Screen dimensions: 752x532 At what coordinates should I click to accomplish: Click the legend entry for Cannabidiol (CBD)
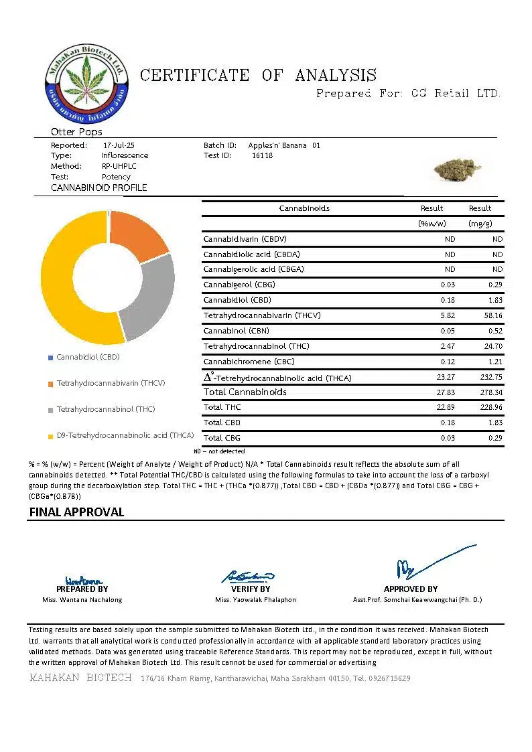(x=87, y=357)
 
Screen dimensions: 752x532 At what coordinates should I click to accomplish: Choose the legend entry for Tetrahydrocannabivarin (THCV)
(x=111, y=383)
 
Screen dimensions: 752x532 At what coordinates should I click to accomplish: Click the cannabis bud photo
(x=457, y=168)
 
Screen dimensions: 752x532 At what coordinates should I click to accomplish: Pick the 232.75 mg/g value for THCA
(x=490, y=378)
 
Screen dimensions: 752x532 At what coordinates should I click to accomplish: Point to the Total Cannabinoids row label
(x=245, y=392)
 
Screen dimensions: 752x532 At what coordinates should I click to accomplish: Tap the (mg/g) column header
(x=480, y=223)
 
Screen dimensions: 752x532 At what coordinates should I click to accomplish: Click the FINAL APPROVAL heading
(x=76, y=512)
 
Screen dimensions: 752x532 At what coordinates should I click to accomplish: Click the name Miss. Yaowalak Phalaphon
(x=255, y=600)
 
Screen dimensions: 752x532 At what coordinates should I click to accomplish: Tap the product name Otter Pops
(x=76, y=132)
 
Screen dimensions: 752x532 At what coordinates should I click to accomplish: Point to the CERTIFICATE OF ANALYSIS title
(x=258, y=75)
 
